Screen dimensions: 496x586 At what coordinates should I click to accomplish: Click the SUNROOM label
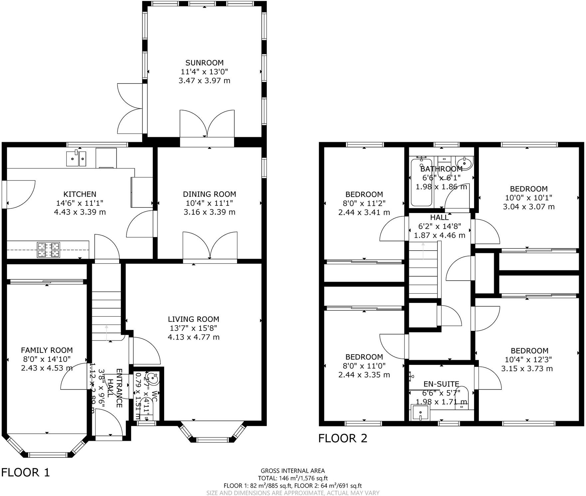coord(204,63)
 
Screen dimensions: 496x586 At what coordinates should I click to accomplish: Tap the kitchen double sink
coord(77,159)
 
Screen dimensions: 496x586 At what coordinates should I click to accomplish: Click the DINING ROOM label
coord(209,194)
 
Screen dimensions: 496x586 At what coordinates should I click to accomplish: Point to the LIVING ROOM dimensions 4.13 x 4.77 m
coord(193,337)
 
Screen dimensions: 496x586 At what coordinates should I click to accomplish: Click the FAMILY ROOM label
coord(47,350)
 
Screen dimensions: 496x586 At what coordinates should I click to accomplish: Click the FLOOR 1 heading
coord(25,472)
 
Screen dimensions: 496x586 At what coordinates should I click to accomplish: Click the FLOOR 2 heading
coord(343,438)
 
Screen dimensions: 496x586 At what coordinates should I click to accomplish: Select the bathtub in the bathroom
coord(421,183)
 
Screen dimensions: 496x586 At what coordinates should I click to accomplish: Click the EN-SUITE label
coord(441,384)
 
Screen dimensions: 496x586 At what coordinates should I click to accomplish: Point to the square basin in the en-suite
coord(421,413)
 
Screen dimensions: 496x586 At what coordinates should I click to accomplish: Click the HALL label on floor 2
coord(439,217)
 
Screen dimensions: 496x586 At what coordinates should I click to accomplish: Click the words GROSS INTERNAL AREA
coord(292,471)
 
